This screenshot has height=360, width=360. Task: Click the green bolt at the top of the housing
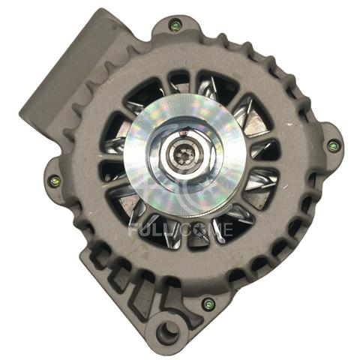175,26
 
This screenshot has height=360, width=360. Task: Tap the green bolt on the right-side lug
333,145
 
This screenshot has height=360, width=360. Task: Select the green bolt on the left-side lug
54,181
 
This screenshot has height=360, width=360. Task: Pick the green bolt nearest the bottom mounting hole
208,304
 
